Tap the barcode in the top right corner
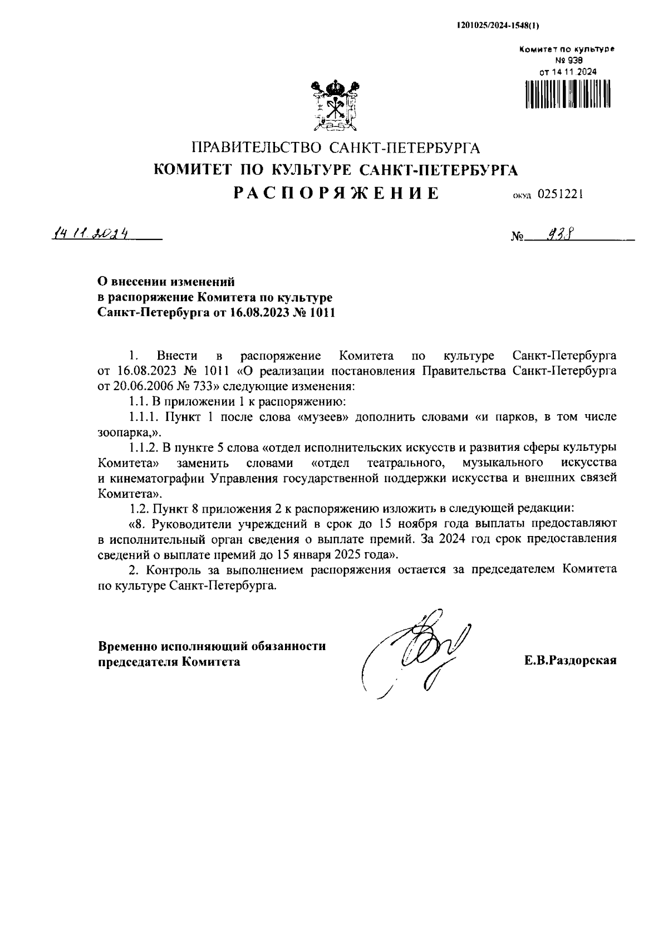click(x=567, y=93)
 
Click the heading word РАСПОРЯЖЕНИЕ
click(x=336, y=193)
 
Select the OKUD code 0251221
click(x=559, y=194)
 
